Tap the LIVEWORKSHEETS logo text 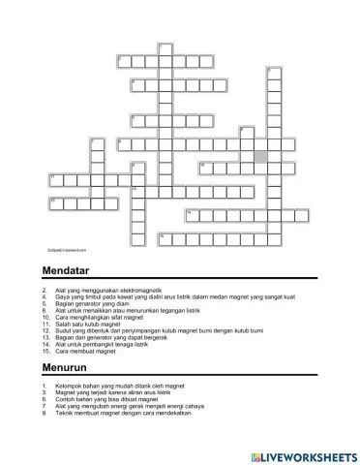tap(309, 454)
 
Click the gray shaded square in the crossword tap(260, 155)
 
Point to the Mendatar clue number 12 tap(45, 328)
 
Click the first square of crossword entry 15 tap(164, 237)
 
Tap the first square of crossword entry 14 tap(190, 214)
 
